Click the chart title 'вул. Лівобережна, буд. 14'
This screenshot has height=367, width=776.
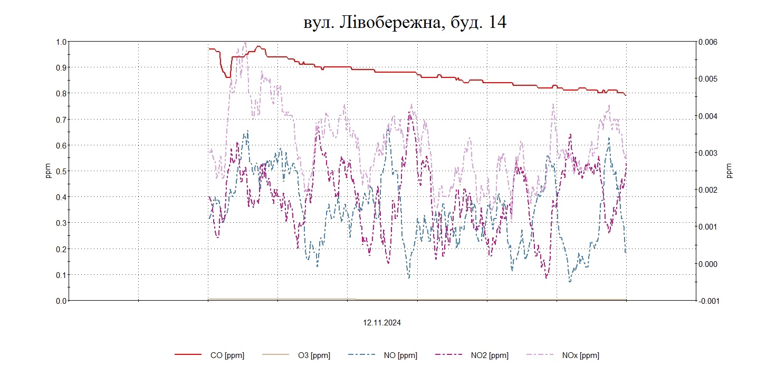[405, 22]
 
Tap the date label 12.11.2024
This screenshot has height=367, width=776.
[381, 323]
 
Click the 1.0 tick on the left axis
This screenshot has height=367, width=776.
[61, 42]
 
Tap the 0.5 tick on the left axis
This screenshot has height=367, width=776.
[61, 171]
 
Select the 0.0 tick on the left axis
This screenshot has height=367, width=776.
[61, 301]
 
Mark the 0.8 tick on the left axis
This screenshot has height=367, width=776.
[61, 93]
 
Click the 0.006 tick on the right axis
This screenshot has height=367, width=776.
[708, 42]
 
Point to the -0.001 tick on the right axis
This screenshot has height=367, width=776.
[708, 301]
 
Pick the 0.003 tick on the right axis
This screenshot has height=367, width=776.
[708, 153]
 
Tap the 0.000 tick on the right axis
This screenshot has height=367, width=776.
[708, 264]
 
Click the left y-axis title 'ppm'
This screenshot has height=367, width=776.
[48, 171]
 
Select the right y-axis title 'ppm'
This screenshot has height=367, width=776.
[730, 171]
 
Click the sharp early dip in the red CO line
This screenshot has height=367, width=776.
[228, 77]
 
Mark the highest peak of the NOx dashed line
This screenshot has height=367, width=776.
[245, 43]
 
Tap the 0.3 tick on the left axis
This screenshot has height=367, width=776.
[61, 223]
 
